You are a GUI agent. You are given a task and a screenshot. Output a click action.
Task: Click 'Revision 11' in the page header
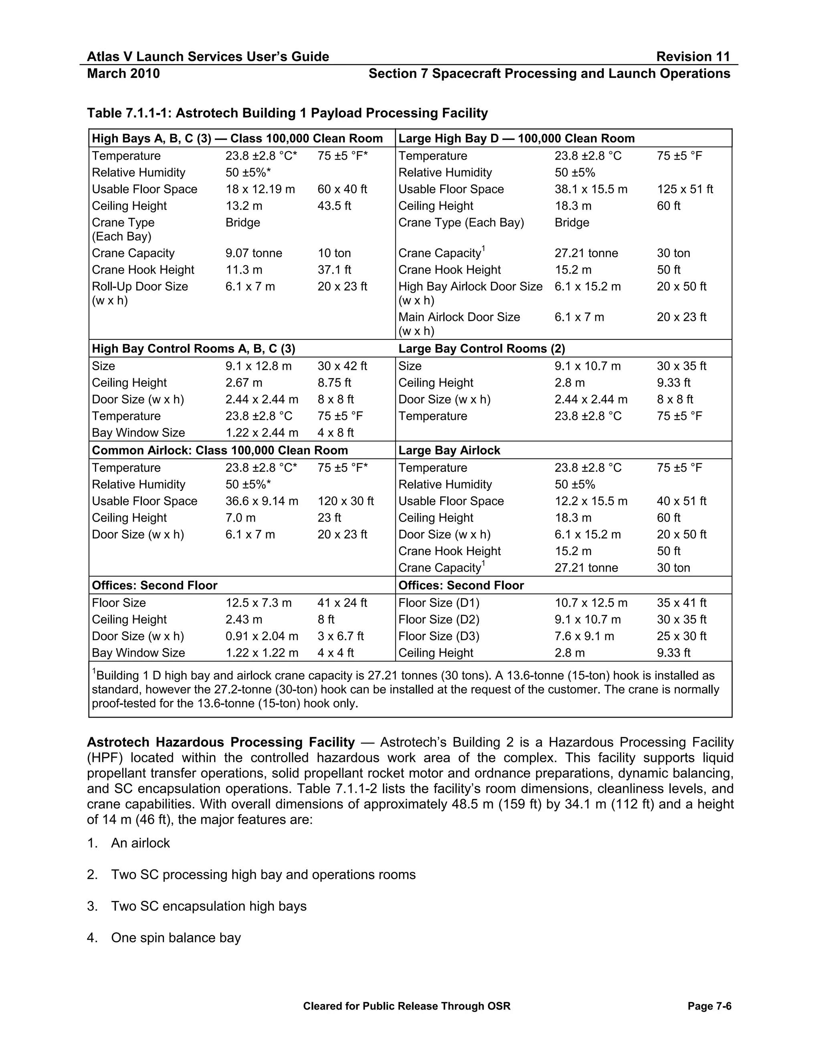[693, 57]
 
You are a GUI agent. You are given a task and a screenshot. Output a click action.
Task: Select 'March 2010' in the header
[123, 73]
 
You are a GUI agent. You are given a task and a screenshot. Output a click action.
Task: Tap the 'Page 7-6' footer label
[709, 1006]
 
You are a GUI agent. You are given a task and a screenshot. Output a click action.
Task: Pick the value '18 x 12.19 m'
[260, 189]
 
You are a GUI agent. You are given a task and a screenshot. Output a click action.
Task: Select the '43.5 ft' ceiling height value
[334, 205]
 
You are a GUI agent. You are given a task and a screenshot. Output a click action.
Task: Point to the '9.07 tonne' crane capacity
[253, 253]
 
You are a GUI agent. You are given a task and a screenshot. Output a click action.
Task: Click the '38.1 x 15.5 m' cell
[590, 189]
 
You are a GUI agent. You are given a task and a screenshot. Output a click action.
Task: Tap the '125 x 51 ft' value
[685, 189]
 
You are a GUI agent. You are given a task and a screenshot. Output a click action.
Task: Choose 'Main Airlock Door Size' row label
[459, 317]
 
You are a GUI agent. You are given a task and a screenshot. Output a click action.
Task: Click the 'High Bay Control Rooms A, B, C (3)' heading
[193, 349]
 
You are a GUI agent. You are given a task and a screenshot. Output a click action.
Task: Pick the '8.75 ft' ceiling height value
[334, 383]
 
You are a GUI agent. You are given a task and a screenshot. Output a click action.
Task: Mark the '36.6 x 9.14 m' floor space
[261, 501]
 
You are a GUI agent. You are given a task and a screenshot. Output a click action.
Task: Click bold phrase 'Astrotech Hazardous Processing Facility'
[221, 742]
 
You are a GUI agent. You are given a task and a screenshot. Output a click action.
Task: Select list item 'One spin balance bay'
[176, 937]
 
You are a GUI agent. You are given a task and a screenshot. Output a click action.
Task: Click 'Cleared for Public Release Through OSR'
[406, 1006]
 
